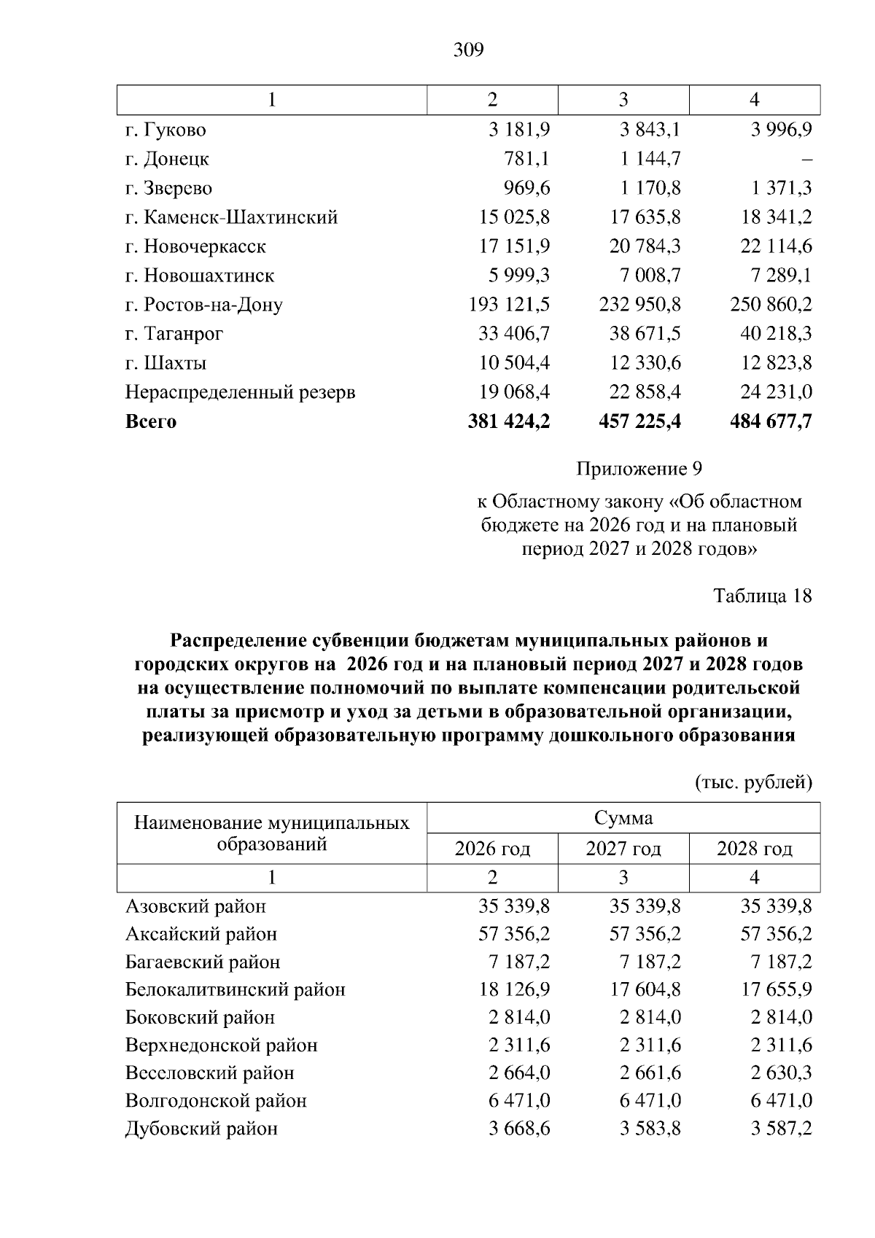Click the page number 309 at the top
468,50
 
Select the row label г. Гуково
166,130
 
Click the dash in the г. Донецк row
806,160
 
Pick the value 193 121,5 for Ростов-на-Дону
509,305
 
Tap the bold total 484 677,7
771,421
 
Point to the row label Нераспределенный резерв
241,392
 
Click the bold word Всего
151,421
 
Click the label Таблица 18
762,596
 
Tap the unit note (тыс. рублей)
752,782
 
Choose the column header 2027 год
623,849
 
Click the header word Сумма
623,818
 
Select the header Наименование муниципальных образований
272,833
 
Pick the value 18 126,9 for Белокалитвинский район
514,989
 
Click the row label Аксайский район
201,934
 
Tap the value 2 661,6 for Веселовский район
650,1073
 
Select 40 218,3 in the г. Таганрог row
776,334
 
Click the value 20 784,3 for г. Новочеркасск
645,246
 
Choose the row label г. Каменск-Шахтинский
231,217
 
